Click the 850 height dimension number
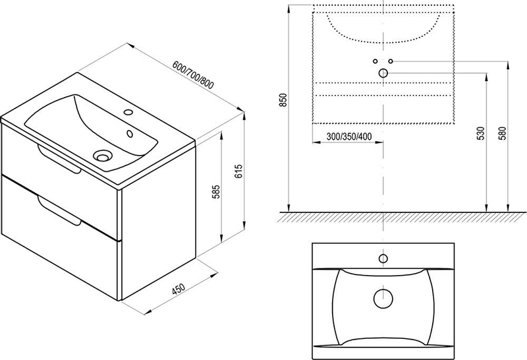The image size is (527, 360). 283,100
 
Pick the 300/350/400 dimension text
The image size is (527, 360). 348,137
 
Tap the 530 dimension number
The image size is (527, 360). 481,133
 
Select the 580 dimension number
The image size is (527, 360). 504,133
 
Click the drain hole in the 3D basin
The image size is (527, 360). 103,156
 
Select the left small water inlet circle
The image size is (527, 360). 375,61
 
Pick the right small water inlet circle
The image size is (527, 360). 391,61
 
